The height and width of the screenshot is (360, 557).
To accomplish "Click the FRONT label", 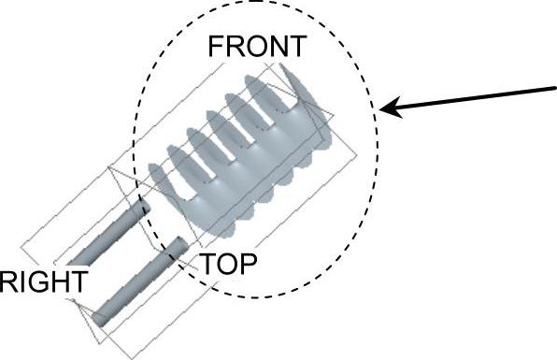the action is coord(257,46).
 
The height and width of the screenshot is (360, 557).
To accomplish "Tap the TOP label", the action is coord(229,264).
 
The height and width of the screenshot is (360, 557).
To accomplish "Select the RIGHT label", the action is coord(43,281).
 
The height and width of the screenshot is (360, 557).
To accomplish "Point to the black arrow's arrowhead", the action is coord(390,107).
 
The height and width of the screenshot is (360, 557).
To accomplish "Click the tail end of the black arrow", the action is coord(555,87).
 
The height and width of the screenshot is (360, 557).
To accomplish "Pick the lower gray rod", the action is coord(139,281).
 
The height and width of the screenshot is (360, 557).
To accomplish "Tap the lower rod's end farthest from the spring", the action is coord(99,319).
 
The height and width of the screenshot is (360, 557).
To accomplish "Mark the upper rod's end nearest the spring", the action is coord(142,207).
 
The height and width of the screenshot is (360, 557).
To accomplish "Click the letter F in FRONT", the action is coord(216,46).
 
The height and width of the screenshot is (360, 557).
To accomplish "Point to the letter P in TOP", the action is coord(249,264).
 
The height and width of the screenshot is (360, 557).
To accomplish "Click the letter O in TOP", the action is coord(229,265).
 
